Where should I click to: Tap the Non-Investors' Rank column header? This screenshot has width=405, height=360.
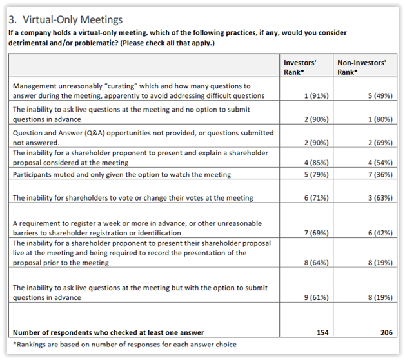pyautogui.click(x=362, y=66)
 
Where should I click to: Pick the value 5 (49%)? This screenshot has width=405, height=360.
pyautogui.click(x=377, y=96)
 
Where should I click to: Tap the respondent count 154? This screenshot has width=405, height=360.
pyautogui.click(x=322, y=332)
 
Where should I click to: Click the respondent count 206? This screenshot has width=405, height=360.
pyautogui.click(x=386, y=332)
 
